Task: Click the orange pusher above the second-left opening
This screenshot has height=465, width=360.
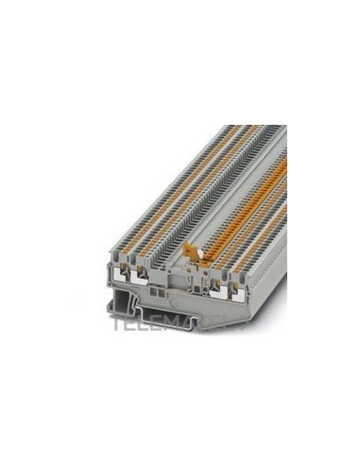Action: coord(145,257)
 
